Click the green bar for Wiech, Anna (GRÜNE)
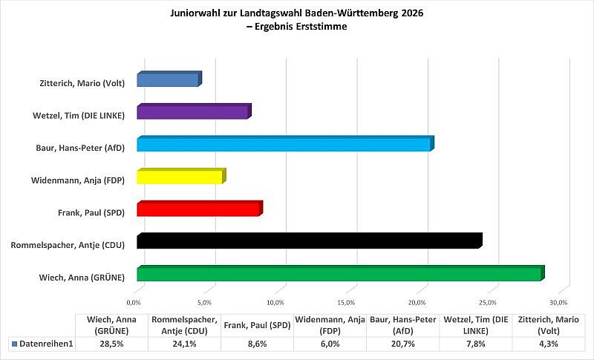(x=340, y=274)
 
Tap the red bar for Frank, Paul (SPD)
(x=199, y=209)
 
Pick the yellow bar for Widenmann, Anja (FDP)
(x=180, y=177)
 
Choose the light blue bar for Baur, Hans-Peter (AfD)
(x=284, y=145)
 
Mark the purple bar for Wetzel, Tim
(x=193, y=112)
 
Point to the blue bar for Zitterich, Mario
(x=169, y=79)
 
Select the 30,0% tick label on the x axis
(x=558, y=303)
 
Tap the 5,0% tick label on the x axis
(x=205, y=303)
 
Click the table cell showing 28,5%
(x=112, y=344)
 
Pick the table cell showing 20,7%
(x=402, y=344)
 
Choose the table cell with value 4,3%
(x=548, y=344)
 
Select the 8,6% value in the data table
(x=257, y=344)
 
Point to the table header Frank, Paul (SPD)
(x=257, y=325)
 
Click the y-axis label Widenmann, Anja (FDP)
(x=77, y=180)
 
